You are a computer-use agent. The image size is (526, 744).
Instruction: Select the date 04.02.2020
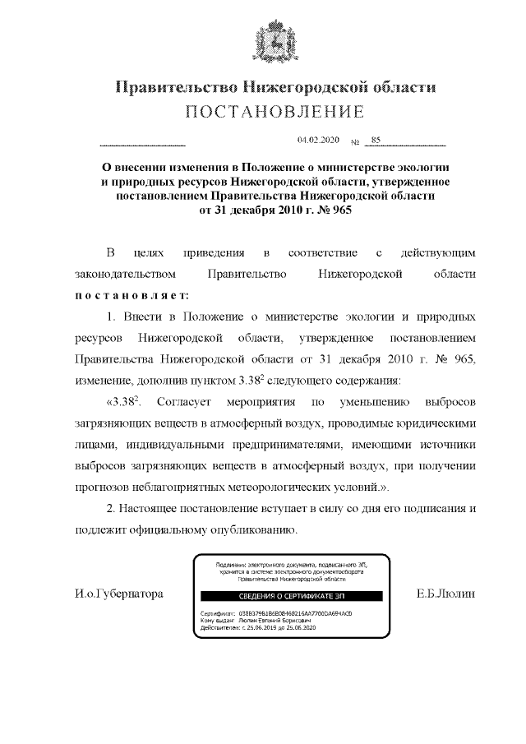[x=318, y=141]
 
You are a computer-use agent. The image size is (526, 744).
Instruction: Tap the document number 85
[x=376, y=141]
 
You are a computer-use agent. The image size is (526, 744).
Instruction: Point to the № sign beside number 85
[x=356, y=143]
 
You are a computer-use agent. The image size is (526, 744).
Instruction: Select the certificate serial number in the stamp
[x=284, y=613]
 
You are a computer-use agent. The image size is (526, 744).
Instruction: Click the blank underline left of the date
[x=142, y=145]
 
